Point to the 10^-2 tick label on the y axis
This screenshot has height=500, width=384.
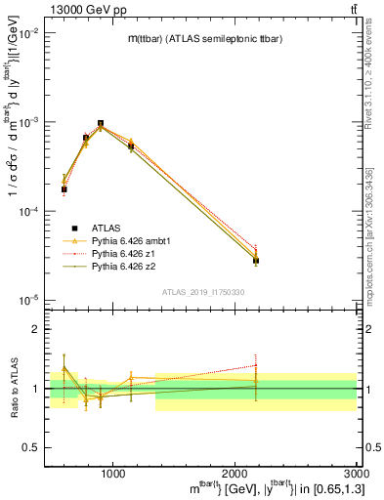point(29,33)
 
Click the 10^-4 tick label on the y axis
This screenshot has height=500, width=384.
point(29,211)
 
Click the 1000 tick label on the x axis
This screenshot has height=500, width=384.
point(113,473)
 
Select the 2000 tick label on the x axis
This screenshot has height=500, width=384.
point(235,473)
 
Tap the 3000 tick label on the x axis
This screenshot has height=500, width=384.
point(356,473)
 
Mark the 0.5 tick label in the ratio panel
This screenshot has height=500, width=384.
point(32,448)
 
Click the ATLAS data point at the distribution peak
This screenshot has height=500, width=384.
point(101,124)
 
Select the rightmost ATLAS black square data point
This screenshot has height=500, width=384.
point(256,261)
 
